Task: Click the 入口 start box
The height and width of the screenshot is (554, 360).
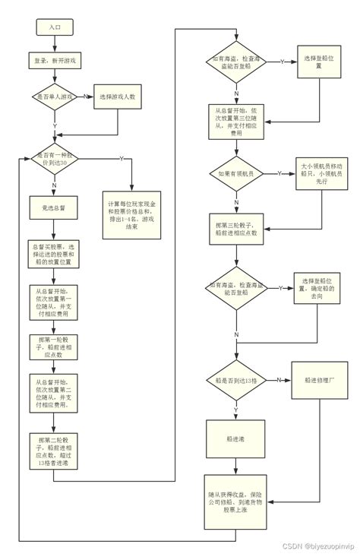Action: (x=54, y=26)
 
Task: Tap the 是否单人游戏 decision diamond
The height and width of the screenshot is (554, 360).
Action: (x=54, y=97)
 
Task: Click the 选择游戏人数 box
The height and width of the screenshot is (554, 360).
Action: (x=117, y=97)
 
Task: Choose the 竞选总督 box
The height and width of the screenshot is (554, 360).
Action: (x=54, y=206)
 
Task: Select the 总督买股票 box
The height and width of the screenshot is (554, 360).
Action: (x=54, y=255)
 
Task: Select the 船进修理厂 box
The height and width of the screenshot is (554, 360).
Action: (x=320, y=379)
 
